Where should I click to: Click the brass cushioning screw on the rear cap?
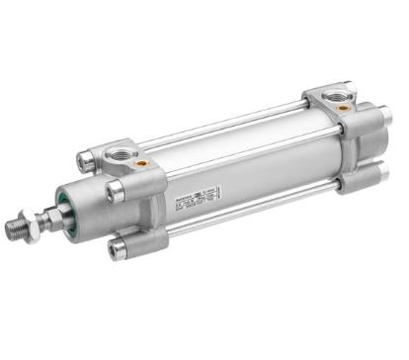click(342, 107)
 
